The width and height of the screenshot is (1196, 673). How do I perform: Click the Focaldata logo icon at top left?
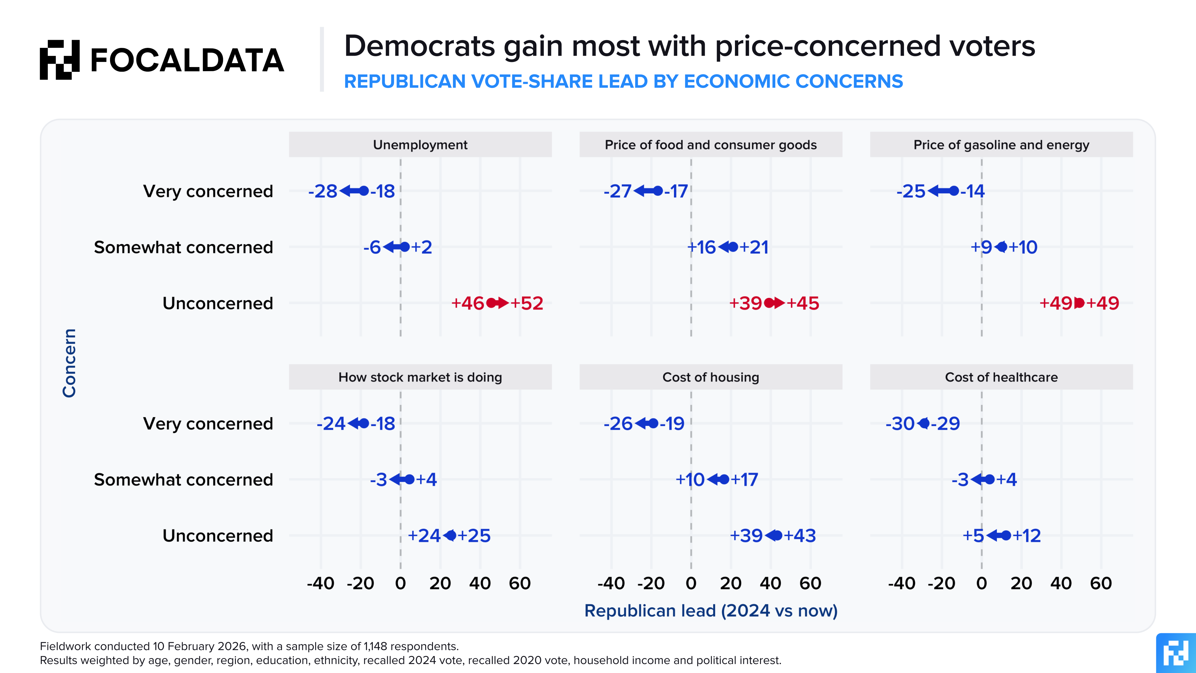[x=60, y=60]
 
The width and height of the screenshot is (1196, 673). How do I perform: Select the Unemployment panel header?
[x=420, y=145]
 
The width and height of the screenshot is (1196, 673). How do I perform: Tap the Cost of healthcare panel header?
[x=1001, y=377]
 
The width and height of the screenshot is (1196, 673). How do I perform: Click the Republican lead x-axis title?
[x=710, y=611]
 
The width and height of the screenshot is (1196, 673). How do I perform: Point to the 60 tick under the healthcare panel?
[x=1101, y=583]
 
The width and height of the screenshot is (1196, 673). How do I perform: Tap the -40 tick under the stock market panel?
[x=320, y=583]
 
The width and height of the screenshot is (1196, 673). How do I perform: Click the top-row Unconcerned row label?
[x=217, y=303]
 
